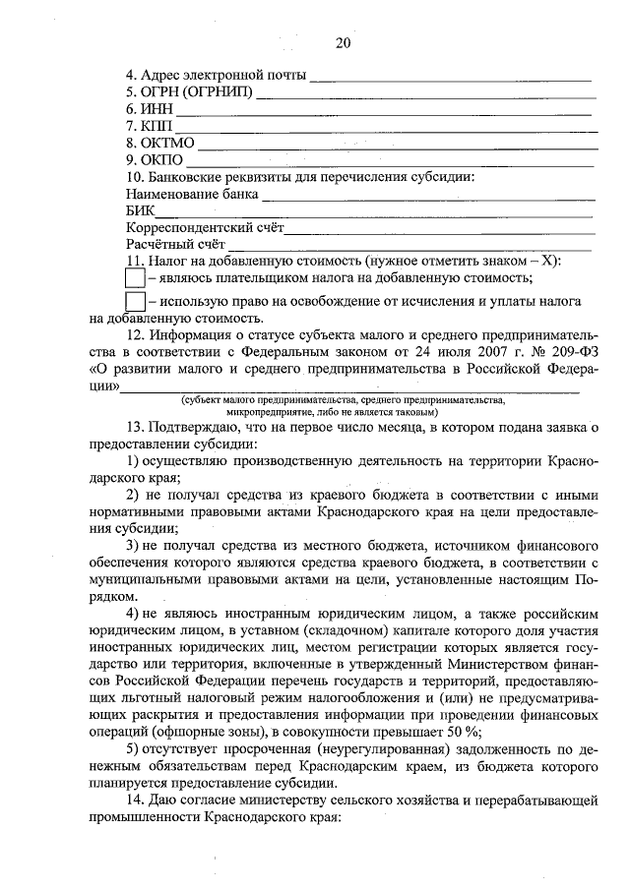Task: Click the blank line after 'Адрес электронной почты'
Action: point(450,77)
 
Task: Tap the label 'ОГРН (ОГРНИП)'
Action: point(189,93)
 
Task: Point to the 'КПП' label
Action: point(147,127)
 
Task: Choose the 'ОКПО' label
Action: point(152,160)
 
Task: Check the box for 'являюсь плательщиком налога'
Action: point(136,279)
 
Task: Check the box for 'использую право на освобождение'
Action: point(136,300)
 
